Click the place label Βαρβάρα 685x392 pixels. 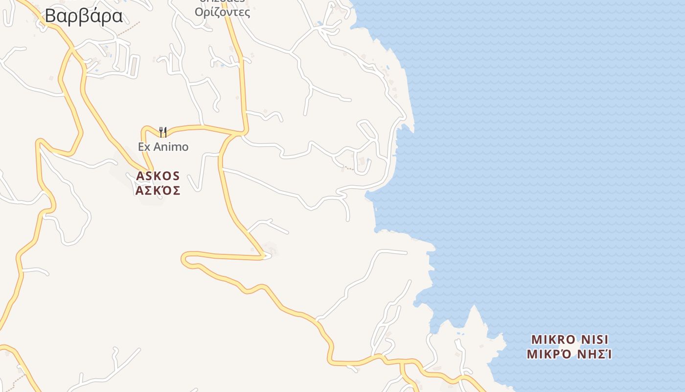pyautogui.click(x=84, y=16)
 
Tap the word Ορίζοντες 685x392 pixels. pyautogui.click(x=223, y=12)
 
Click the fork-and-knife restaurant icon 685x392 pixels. pyautogui.click(x=163, y=132)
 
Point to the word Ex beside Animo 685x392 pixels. pyautogui.click(x=144, y=147)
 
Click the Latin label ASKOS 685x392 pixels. pyautogui.click(x=158, y=176)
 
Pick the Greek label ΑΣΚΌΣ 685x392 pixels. pyautogui.click(x=158, y=191)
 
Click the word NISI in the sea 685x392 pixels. pyautogui.click(x=595, y=340)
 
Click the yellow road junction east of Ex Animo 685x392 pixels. pyautogui.click(x=240, y=133)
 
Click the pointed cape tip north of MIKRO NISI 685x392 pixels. pyautogui.click(x=473, y=307)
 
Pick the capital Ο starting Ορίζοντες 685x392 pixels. pyautogui.click(x=199, y=12)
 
